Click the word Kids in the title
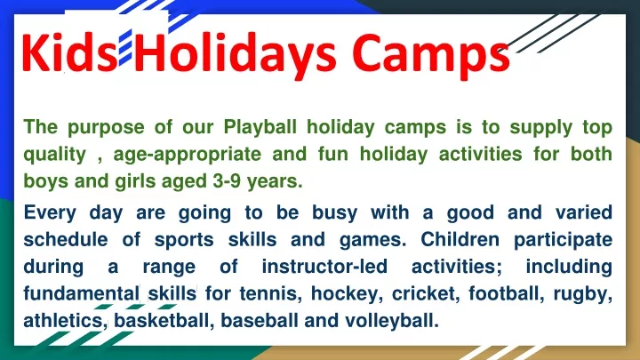[x=70, y=52]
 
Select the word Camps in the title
[x=431, y=55]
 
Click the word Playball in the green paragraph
[x=260, y=127]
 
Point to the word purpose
[x=106, y=128]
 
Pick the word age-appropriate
[x=188, y=155]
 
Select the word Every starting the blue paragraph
[x=50, y=213]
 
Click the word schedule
[x=66, y=239]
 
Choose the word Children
[x=460, y=239]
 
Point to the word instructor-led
[x=324, y=266]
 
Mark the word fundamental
[x=82, y=293]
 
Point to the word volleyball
[x=392, y=321]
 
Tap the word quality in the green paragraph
[x=55, y=155]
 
